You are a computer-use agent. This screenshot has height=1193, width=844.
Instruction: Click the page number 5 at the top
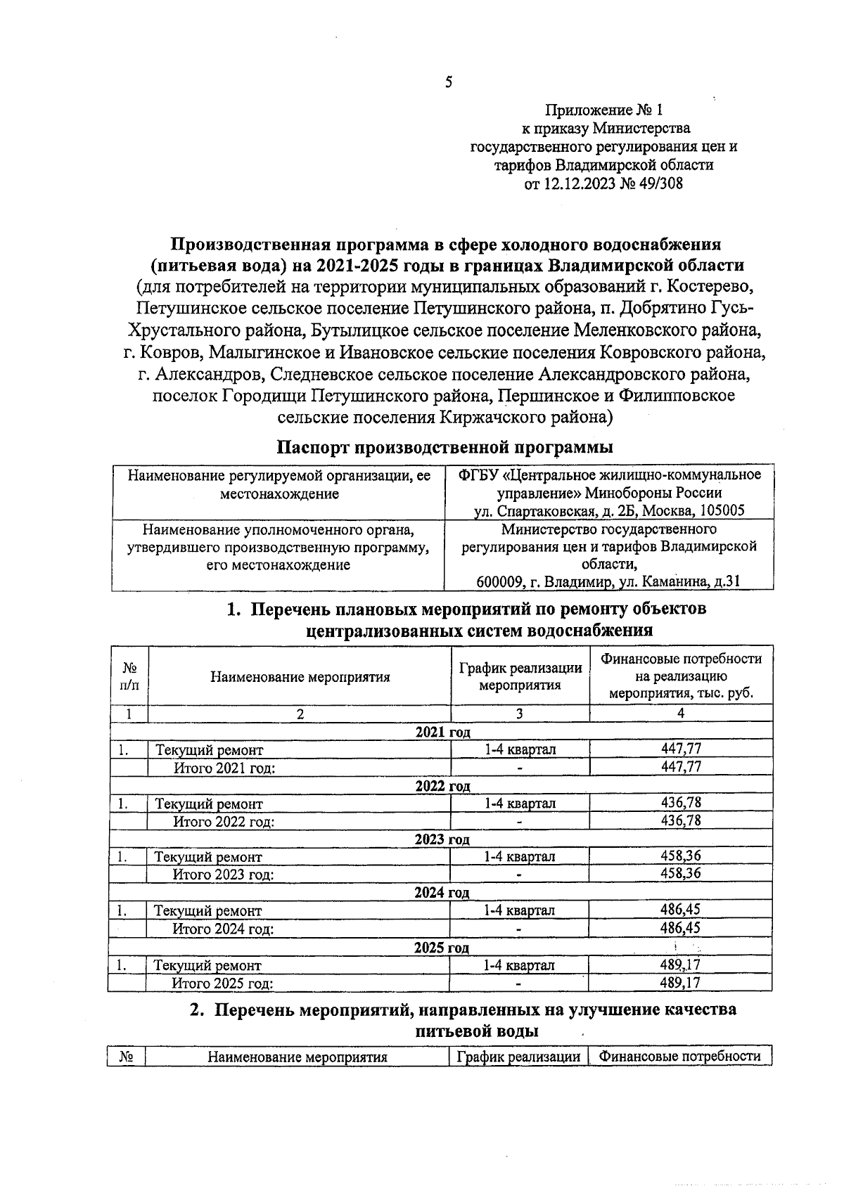click(x=449, y=82)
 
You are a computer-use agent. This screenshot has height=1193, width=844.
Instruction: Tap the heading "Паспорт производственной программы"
click(x=444, y=447)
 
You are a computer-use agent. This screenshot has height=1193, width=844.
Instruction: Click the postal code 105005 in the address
click(x=722, y=511)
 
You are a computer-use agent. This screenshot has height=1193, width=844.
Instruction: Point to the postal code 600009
click(x=499, y=581)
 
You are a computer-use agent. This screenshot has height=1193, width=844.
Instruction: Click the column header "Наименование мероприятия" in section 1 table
click(x=300, y=677)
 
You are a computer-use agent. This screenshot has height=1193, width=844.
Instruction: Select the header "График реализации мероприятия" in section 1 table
click(x=520, y=676)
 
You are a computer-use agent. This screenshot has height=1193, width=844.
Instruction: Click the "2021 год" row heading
click(x=442, y=732)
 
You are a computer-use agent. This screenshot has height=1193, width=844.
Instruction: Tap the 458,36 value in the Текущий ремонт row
click(x=680, y=856)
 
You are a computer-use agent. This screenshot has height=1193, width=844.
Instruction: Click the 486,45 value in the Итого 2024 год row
click(x=680, y=928)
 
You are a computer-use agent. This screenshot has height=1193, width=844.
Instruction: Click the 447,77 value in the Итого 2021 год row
click(x=681, y=766)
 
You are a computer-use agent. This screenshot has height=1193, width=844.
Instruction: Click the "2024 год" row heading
click(x=442, y=893)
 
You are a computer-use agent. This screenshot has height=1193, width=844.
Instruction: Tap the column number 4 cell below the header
click(x=680, y=713)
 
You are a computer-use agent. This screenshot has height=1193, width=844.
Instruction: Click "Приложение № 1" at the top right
click(x=604, y=110)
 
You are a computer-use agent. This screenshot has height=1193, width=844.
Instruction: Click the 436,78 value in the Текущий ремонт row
click(x=681, y=802)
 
